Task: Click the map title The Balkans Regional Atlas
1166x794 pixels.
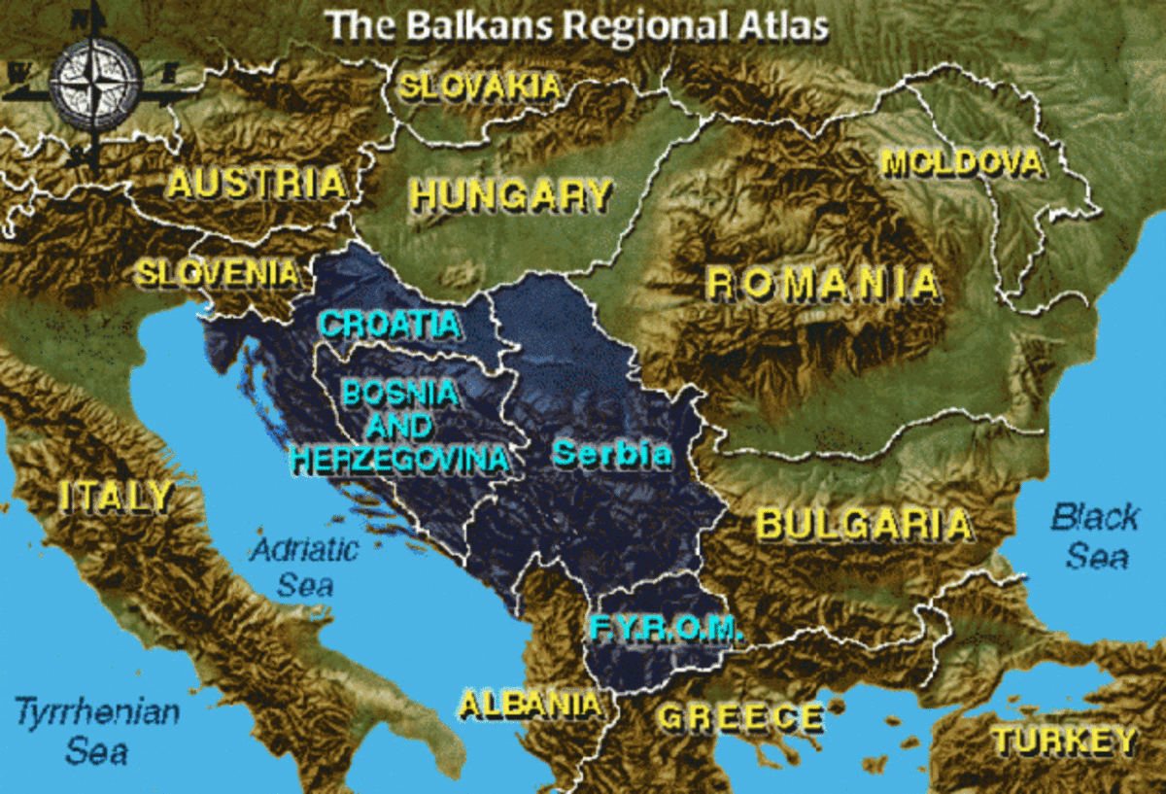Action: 577,23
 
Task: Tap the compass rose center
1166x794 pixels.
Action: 95,84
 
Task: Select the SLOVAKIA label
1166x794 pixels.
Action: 481,86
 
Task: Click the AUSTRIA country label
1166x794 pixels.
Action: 257,182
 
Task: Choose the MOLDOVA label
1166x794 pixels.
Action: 962,162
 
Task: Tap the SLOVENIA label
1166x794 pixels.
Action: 217,272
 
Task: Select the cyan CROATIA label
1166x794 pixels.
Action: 390,324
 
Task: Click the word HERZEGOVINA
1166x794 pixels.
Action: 399,459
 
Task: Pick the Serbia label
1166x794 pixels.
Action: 612,454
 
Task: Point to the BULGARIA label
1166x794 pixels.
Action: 864,525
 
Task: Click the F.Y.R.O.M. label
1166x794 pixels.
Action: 667,628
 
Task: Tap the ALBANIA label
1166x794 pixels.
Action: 530,704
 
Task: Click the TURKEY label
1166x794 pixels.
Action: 1063,742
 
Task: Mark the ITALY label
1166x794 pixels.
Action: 116,497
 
